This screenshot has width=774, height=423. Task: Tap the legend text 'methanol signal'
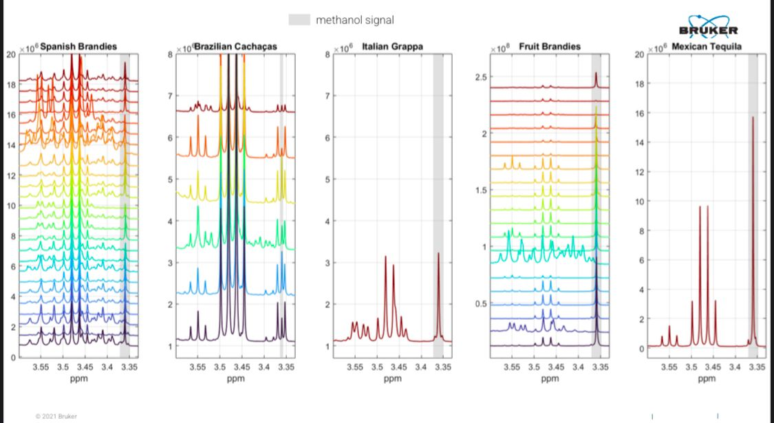(354, 20)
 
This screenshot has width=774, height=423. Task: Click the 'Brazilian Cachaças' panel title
(235, 46)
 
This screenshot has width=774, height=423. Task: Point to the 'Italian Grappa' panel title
(392, 46)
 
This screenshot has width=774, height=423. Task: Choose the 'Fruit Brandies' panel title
(550, 46)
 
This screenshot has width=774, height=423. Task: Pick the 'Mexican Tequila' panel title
(707, 46)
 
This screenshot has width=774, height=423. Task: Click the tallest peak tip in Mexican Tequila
(753, 118)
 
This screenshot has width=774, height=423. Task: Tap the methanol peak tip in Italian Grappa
(438, 254)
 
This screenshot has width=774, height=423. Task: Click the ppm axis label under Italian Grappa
(392, 378)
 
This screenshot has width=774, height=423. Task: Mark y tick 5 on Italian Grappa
(328, 180)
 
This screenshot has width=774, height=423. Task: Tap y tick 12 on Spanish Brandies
(11, 175)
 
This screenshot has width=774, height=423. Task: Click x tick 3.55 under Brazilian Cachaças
(197, 367)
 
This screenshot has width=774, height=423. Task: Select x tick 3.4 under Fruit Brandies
(579, 367)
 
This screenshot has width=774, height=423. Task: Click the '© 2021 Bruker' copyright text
(56, 416)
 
